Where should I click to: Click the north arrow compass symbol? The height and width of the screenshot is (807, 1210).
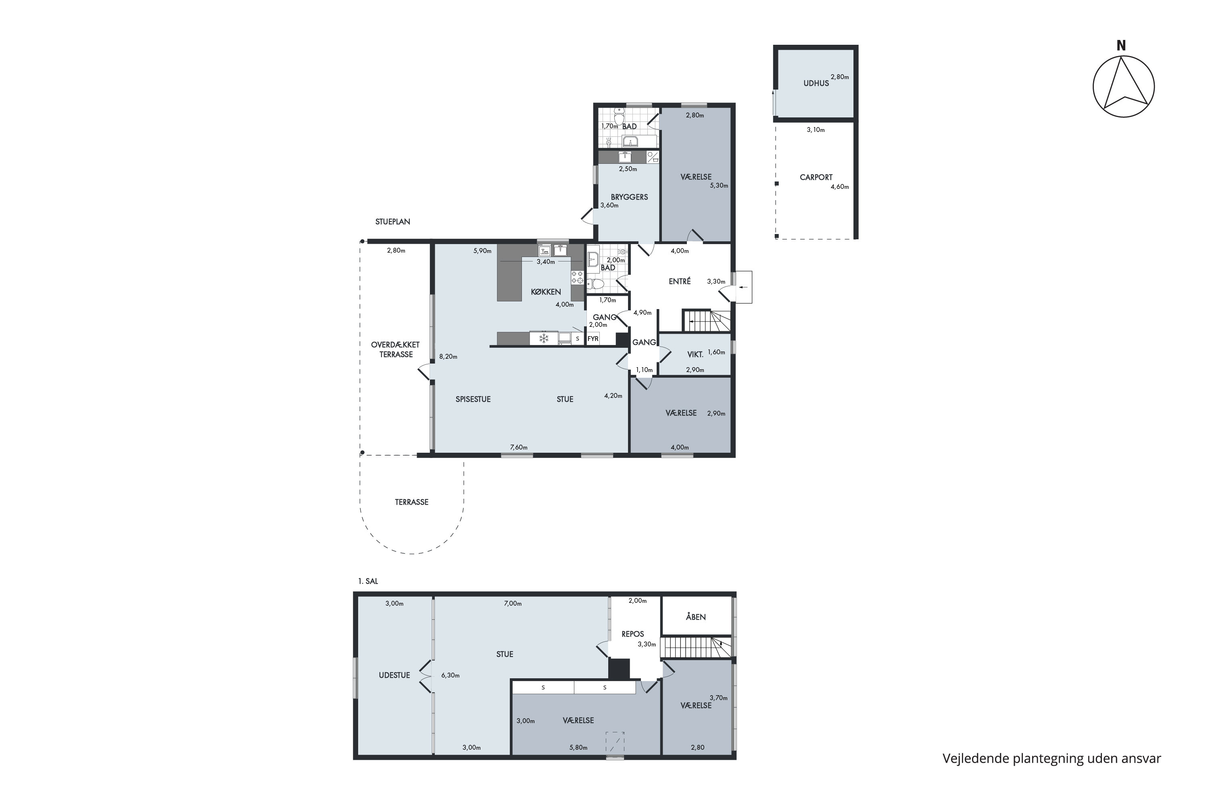(1124, 86)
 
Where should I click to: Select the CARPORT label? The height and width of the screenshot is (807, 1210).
(816, 177)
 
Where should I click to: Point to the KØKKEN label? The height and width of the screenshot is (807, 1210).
(546, 292)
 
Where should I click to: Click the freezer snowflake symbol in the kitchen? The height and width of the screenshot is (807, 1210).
(544, 338)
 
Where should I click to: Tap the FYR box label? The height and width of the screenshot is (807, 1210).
(593, 339)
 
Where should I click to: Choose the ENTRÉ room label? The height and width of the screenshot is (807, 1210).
(680, 282)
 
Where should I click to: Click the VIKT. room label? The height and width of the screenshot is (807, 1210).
(695, 355)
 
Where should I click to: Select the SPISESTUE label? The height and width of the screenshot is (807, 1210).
(473, 399)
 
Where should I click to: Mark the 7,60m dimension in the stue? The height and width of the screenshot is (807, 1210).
(519, 447)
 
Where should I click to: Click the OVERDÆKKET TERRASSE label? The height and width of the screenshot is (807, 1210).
(396, 349)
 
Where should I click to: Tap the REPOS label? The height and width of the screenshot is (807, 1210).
(633, 634)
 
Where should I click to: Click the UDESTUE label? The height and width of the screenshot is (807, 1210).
(394, 675)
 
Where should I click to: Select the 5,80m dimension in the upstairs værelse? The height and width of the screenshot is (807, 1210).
(578, 748)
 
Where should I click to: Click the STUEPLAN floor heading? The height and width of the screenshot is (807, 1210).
(392, 222)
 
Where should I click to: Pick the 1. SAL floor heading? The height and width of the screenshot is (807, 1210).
(368, 581)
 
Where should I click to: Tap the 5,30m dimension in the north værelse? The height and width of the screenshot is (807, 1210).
(719, 185)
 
